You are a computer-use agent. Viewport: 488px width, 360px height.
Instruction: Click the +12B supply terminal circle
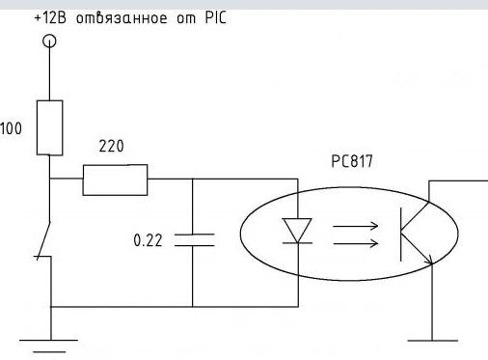coord(49,42)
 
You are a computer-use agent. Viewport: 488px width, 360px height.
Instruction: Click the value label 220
coord(111,146)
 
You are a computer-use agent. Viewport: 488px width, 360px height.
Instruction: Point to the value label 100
coord(11,128)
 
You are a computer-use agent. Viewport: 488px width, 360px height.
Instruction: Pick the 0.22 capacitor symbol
coord(194,240)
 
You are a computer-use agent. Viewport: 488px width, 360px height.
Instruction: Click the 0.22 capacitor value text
coord(148,240)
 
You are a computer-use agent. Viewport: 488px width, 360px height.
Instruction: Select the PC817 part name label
coord(352,161)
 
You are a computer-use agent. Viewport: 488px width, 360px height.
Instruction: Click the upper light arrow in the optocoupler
coord(355,226)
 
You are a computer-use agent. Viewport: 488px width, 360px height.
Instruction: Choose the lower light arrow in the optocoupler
coord(355,243)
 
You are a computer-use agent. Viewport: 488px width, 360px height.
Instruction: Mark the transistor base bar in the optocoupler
coord(401,235)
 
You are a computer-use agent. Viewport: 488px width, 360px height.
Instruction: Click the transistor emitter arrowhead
coord(429,260)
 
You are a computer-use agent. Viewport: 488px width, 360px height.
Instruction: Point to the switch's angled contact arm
coord(44,239)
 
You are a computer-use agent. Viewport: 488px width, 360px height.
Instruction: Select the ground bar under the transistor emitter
coord(433,341)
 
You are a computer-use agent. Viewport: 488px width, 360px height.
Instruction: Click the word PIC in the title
coord(216,17)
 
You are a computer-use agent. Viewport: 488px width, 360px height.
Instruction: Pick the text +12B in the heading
coord(50,17)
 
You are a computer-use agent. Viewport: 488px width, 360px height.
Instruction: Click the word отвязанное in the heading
coord(122,17)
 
